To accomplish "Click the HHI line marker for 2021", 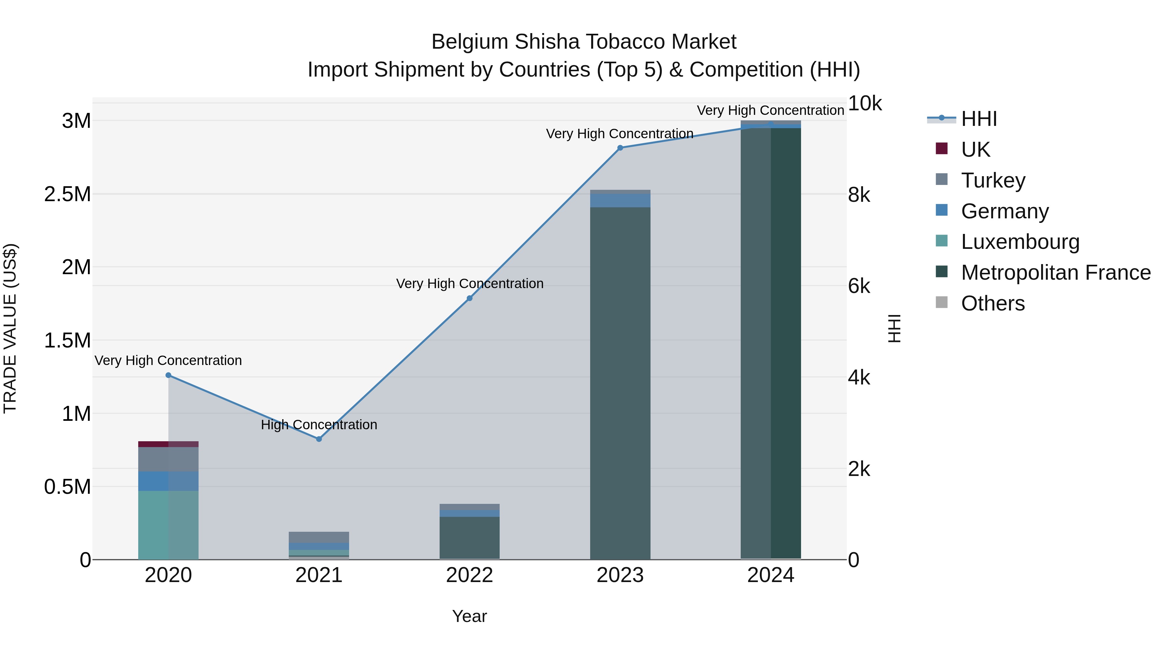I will [319, 439].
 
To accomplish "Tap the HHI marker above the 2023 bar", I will [620, 148].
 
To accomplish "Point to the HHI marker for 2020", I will [168, 375].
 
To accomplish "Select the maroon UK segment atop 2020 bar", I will [168, 444].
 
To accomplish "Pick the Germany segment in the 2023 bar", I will [620, 201].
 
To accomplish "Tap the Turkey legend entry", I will [992, 180].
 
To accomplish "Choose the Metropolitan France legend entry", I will [1055, 273].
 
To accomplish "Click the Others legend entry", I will [992, 303].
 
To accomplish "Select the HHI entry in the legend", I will [979, 119].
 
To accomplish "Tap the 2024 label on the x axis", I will [770, 575].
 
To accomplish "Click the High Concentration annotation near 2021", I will [319, 425].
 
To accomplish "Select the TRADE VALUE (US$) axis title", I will [10, 328].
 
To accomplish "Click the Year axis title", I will [469, 616].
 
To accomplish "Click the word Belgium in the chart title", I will [470, 42].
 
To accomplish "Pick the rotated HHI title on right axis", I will [894, 328].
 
